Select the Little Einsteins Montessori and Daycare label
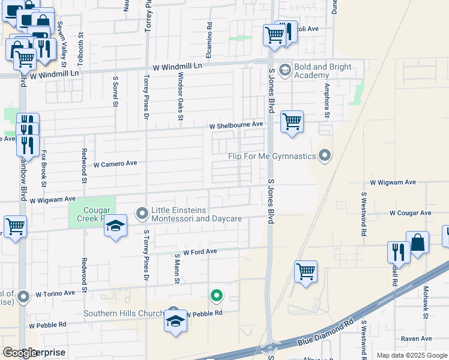pos(196,214)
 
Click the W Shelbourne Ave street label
pos(237,125)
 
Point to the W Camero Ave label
pos(116,163)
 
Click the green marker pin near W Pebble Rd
pos(217,295)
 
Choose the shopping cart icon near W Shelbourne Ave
pos(292,122)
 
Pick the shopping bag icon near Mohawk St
pos(418,243)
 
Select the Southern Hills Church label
pos(124,313)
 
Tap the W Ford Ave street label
pos(200,252)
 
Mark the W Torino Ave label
pos(55,293)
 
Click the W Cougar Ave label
pos(410,213)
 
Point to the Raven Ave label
pos(417,339)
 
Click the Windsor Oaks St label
pos(179,96)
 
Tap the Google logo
pos(20,353)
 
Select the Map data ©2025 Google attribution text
pos(412,355)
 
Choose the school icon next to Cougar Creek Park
pos(115,226)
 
